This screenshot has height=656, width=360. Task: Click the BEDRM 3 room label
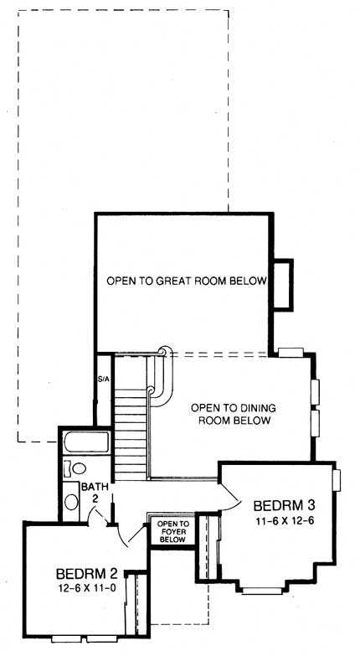[x=283, y=505]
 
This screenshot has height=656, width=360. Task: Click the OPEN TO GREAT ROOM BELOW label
[x=186, y=282]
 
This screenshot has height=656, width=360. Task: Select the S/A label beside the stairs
[x=104, y=380]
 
